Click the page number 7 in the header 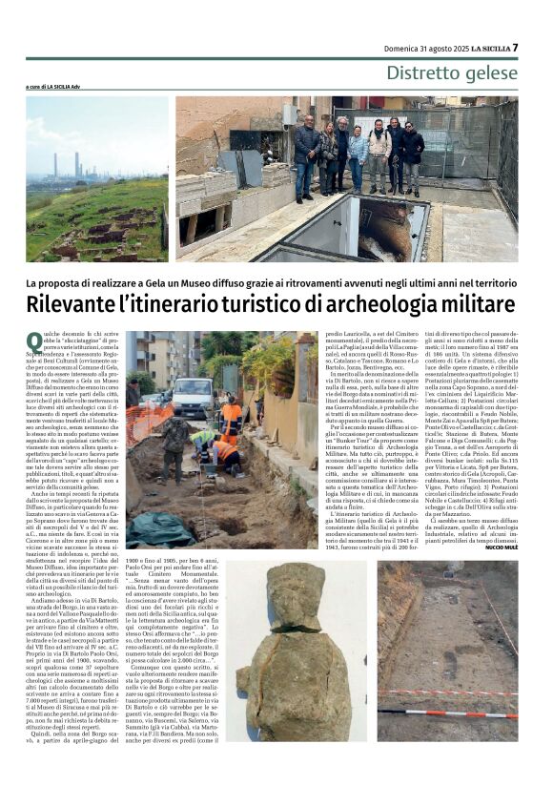tap(515, 47)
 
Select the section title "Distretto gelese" tap(451, 72)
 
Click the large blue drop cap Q tap(34, 341)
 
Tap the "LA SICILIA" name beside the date tap(483, 48)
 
